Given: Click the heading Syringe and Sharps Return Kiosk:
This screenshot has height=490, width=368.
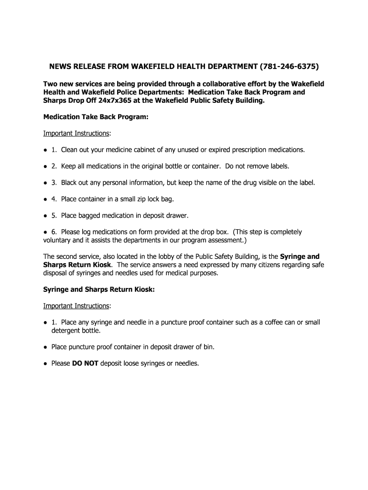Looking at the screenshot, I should coord(98,290).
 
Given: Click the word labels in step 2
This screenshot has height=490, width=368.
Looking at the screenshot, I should coord(279,166).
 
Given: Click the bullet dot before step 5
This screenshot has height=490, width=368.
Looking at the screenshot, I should coord(45,215).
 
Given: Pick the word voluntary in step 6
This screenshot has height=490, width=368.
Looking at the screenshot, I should coord(58,240).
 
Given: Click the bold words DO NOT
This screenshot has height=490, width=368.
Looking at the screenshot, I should coord(85,363).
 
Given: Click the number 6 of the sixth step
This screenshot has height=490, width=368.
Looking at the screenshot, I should coord(54,232).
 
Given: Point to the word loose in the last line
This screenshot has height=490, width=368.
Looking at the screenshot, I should coord(132,363).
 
